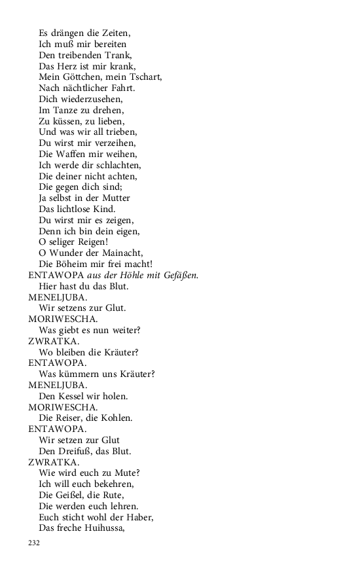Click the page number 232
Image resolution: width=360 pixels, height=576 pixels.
coord(34,543)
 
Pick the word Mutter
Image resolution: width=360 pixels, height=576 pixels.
coord(115,198)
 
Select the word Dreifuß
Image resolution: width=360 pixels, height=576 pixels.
coord(78,451)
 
